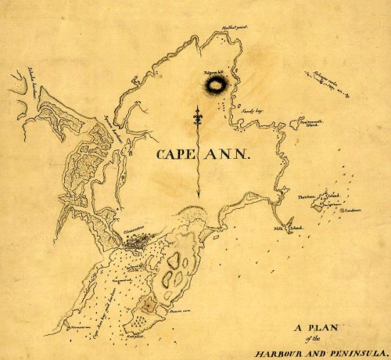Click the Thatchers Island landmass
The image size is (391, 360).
319,204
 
